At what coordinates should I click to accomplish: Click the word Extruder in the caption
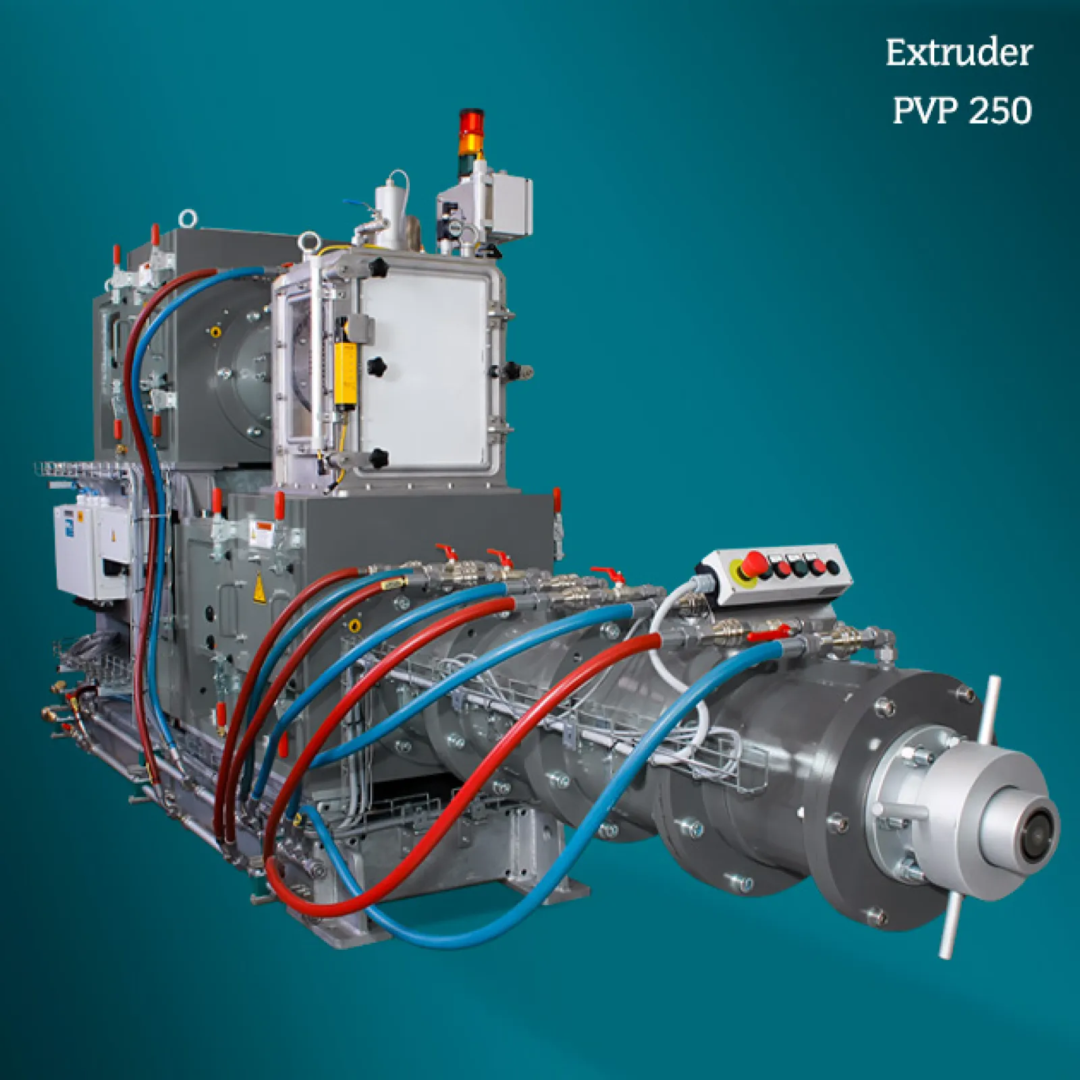959,53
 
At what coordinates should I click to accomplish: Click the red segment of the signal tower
472,120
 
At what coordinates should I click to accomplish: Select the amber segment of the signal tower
472,141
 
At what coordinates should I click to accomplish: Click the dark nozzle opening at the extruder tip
1036,836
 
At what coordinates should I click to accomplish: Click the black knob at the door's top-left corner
378,268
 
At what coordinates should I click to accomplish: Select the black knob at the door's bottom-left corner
379,458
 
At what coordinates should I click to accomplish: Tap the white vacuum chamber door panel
425,368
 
